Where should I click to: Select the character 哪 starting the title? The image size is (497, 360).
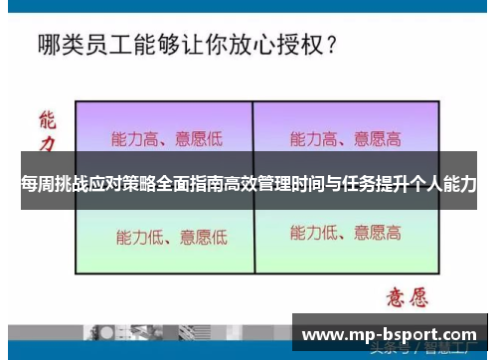pyautogui.click(x=50, y=45)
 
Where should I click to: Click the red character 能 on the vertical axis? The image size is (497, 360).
pyautogui.click(x=46, y=121)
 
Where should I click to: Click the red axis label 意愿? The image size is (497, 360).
pyautogui.click(x=408, y=295)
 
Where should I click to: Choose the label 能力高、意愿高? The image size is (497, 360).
pyautogui.click(x=346, y=138)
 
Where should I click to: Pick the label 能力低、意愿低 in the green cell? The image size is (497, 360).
pyautogui.click(x=171, y=237)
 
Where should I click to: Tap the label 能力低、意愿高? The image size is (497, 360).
pyautogui.click(x=346, y=234)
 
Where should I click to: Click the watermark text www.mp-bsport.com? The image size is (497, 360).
pyautogui.click(x=389, y=335)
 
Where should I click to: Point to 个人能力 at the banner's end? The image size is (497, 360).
pyautogui.click(x=442, y=185)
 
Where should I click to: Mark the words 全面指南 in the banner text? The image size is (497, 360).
pyautogui.click(x=189, y=185)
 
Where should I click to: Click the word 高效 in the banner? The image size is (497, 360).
pyautogui.click(x=242, y=185)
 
